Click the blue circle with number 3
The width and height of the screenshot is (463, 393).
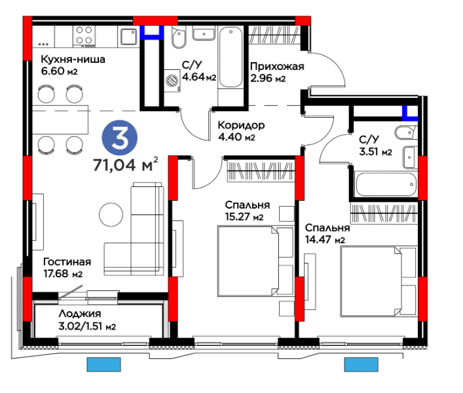pos(120,138)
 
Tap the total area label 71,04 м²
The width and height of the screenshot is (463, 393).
pos(126,164)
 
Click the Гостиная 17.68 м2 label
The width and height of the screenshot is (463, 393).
pos(67,267)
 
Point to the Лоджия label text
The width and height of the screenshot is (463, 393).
pos(80,313)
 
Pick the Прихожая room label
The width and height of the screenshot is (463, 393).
pos(277,67)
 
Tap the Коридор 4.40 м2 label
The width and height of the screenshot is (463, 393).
pos(241,131)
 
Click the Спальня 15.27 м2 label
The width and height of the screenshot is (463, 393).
pos(248,211)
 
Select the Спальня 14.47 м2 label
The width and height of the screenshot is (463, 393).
pos(327,233)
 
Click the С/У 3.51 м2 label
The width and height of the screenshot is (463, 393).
pos(376,145)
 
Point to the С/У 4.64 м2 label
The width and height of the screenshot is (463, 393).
pos(199,71)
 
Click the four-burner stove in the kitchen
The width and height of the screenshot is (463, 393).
pos(84,36)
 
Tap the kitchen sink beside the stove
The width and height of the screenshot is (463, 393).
pos(129,37)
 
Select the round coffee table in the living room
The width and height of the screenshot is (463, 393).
pos(111,214)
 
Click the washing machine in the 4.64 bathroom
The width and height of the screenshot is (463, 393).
pos(172,80)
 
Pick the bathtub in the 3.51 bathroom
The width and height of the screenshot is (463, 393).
pos(385,185)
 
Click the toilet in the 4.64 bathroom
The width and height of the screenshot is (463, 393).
pos(179,37)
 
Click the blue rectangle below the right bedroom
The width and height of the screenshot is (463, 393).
pos(361,364)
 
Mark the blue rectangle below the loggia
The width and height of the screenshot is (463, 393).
pos(103,364)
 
